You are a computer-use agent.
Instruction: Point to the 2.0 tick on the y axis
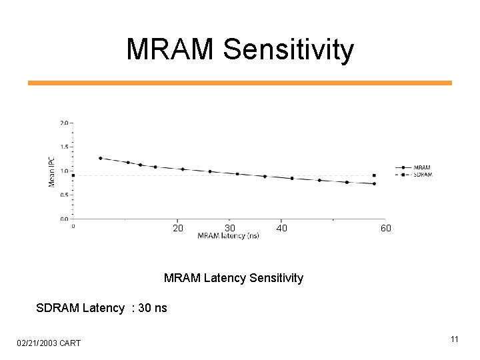tap(63, 123)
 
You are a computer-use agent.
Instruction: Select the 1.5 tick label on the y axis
tap(63, 147)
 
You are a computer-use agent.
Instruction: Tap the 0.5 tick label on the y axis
tap(63, 195)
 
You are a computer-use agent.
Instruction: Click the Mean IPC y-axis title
tap(52, 171)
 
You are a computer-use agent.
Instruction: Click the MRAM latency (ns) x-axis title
tap(228, 236)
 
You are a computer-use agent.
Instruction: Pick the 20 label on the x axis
tap(178, 229)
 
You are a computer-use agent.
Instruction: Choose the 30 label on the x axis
tap(230, 229)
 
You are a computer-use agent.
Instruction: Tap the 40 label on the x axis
tap(281, 229)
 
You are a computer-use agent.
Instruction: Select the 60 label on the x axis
tap(386, 229)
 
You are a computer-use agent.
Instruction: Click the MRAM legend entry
tap(421, 167)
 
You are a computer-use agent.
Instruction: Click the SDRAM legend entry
tap(423, 175)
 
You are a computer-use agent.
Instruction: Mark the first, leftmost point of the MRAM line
tap(100, 158)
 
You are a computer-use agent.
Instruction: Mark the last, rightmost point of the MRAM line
tap(374, 184)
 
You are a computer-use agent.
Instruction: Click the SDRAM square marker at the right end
tap(374, 175)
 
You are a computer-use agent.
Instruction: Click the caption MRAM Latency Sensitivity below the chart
tap(233, 278)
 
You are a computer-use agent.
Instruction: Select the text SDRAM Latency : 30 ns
tap(101, 308)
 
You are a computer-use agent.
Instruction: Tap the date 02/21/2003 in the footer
tap(38, 343)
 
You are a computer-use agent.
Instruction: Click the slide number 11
tap(454, 340)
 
